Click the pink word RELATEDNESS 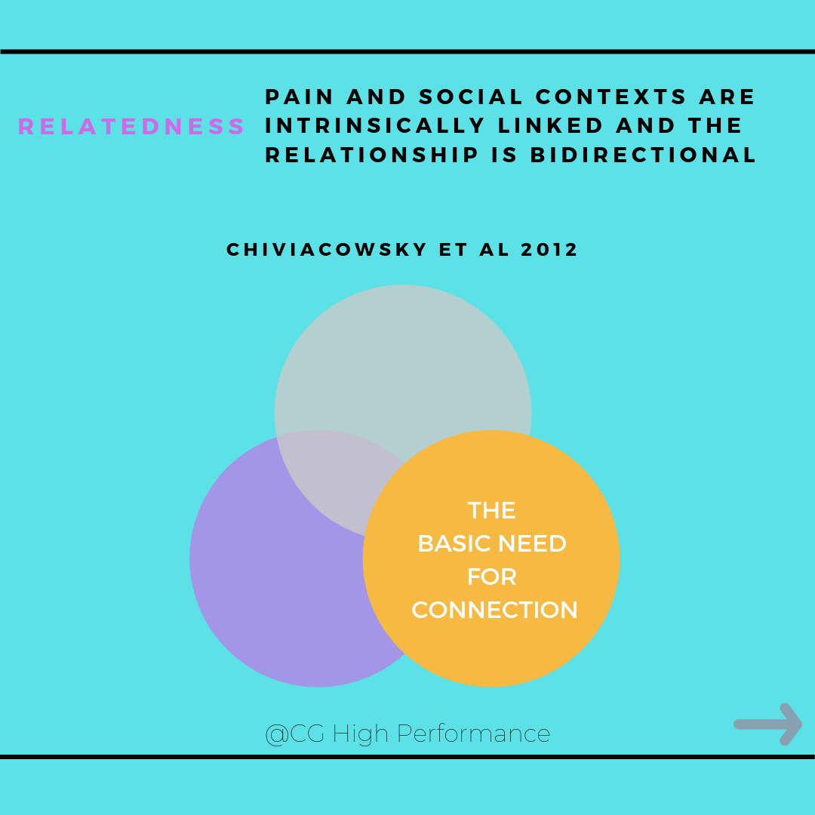131,126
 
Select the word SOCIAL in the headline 471,97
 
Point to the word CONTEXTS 611,97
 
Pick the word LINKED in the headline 550,125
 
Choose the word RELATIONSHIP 371,155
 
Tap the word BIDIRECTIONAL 643,155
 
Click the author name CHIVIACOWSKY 327,250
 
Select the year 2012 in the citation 549,250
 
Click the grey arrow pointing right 767,724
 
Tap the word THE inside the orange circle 492,510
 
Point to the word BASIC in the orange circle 455,543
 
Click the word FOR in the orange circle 492,577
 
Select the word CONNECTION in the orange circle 494,610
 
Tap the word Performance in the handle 473,734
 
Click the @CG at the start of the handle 295,734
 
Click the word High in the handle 360,734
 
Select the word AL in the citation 494,250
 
